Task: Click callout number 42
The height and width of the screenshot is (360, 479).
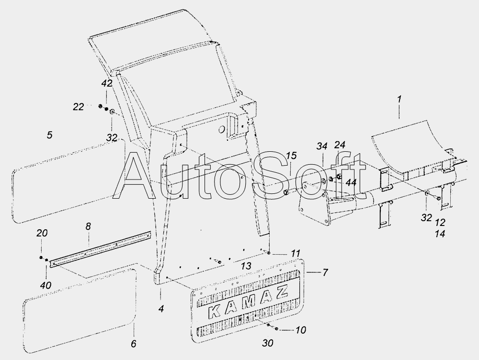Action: (x=107, y=83)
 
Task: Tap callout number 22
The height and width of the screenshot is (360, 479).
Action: (x=78, y=107)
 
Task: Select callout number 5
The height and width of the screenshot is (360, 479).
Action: (x=49, y=135)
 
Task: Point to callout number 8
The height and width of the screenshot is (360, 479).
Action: (x=88, y=226)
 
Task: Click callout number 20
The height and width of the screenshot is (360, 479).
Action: (x=42, y=233)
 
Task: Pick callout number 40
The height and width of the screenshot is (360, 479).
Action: (x=46, y=285)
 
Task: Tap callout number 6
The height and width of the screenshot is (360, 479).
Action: (x=134, y=344)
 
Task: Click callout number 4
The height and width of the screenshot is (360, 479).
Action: (x=161, y=309)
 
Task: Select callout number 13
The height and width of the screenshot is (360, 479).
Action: (x=246, y=266)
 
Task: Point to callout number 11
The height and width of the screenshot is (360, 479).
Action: (x=296, y=253)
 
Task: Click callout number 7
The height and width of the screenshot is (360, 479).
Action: (x=325, y=272)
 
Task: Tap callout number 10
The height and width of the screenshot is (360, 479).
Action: (x=301, y=330)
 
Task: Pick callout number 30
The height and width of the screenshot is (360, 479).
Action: (x=268, y=343)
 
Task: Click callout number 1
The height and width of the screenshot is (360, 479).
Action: (x=399, y=100)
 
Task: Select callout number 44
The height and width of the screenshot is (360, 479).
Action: (x=351, y=182)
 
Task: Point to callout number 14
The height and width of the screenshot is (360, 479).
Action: (x=440, y=234)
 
